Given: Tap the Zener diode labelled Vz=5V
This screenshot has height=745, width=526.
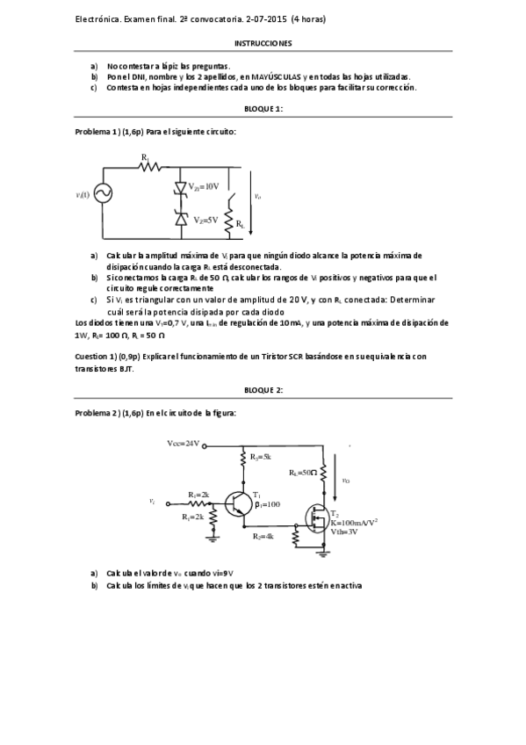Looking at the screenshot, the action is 181,219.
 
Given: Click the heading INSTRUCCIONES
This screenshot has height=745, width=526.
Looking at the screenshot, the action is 263,42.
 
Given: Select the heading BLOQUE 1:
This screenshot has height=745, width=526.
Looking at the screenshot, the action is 263,109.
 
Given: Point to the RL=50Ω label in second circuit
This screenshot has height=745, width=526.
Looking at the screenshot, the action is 302,473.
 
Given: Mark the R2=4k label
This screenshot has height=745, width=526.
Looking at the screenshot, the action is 263,535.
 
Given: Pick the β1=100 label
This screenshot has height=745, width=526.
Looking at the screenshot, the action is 266,504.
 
